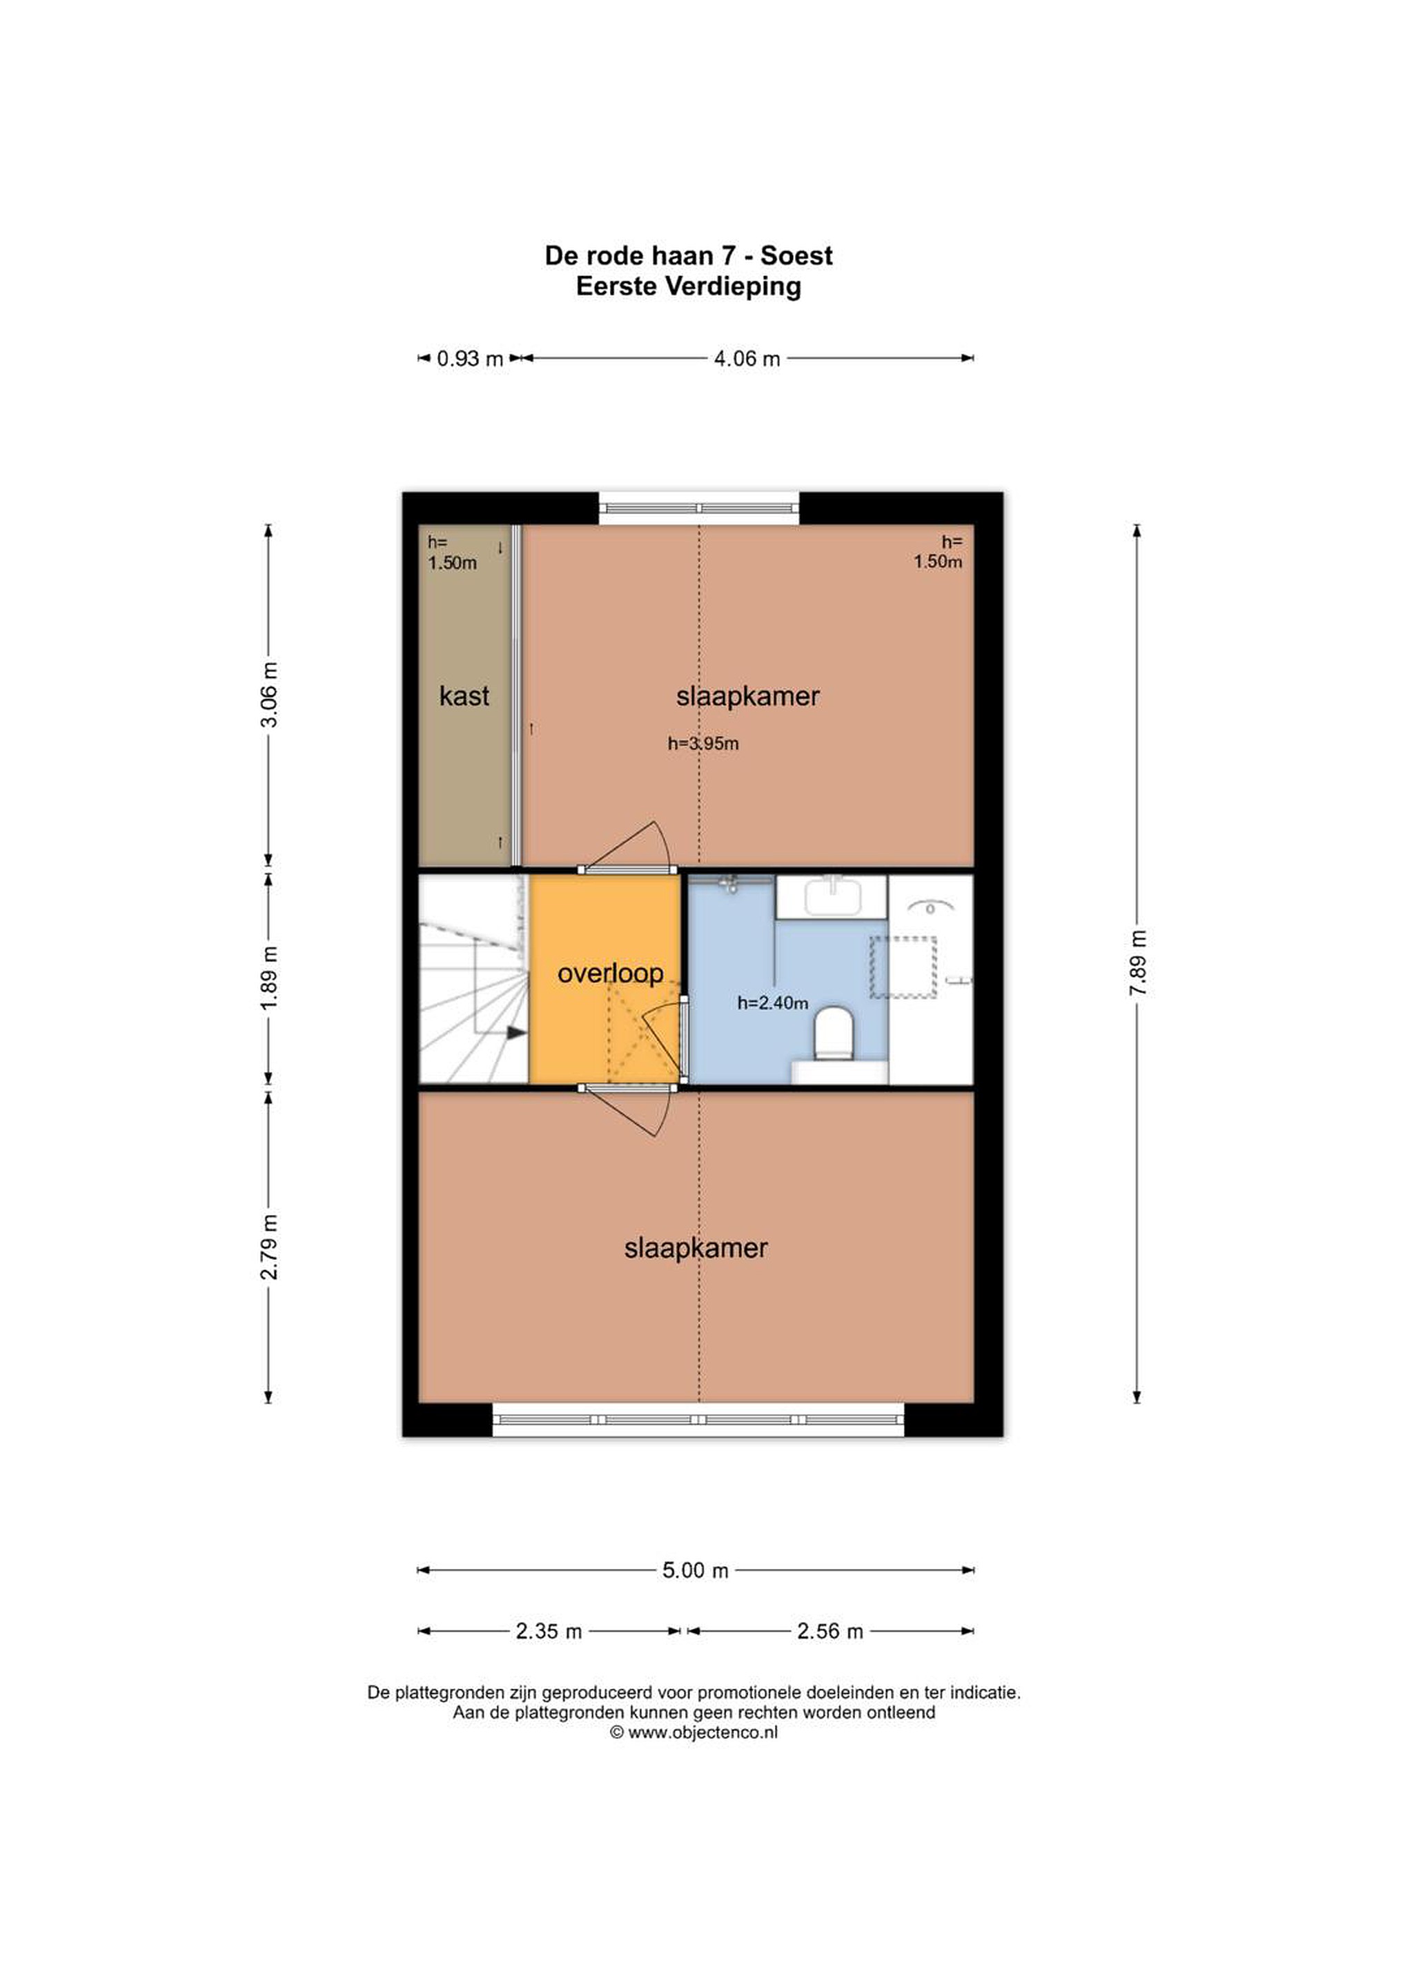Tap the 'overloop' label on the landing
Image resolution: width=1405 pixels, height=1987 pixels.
pyautogui.click(x=610, y=973)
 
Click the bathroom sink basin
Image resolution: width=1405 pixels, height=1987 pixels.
pyautogui.click(x=833, y=896)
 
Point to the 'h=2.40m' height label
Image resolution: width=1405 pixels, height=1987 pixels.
pyautogui.click(x=773, y=1003)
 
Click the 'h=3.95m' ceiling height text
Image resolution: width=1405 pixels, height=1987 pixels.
pyautogui.click(x=703, y=743)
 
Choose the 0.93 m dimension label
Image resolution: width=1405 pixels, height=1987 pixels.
pyautogui.click(x=470, y=358)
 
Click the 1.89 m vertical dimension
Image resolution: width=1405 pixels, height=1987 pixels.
pyautogui.click(x=269, y=977)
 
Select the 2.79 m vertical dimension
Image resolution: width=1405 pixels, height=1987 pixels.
pyautogui.click(x=269, y=1247)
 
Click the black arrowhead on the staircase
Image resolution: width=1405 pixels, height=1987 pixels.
pyautogui.click(x=517, y=1032)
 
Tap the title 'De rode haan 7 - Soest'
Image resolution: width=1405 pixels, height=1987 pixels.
pyautogui.click(x=688, y=256)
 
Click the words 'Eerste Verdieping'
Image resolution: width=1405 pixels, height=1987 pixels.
pyautogui.click(x=688, y=286)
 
